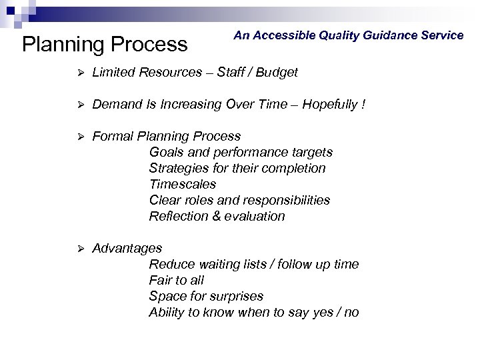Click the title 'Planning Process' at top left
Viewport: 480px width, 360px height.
click(x=105, y=45)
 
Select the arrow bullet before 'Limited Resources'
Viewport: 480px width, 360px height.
click(x=78, y=72)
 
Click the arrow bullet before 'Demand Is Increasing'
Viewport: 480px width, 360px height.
click(x=78, y=104)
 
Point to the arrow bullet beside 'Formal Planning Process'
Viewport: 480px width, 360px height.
click(x=78, y=136)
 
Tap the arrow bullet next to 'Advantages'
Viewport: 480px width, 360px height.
click(x=78, y=249)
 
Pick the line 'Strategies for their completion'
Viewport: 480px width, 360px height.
click(x=237, y=168)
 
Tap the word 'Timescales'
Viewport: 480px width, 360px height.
click(x=183, y=184)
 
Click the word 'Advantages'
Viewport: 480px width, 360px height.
click(x=127, y=248)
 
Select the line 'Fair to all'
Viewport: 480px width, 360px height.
click(x=177, y=280)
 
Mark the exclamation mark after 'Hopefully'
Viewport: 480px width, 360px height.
click(x=363, y=104)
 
